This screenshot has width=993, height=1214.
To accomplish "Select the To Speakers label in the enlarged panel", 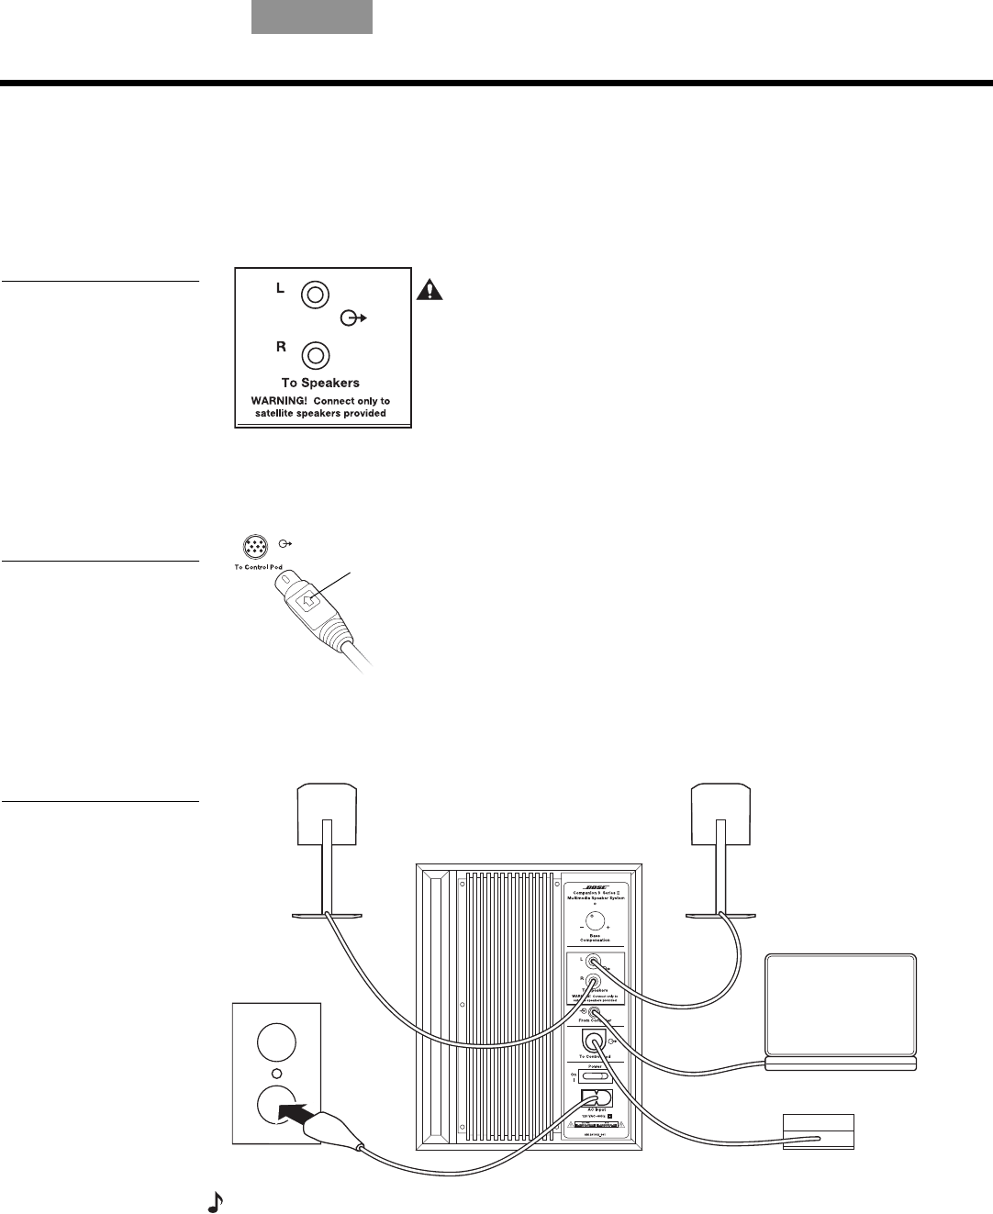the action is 320,383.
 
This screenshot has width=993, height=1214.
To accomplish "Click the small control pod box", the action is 818,1131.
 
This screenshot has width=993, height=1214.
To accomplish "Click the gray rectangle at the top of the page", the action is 312,17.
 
